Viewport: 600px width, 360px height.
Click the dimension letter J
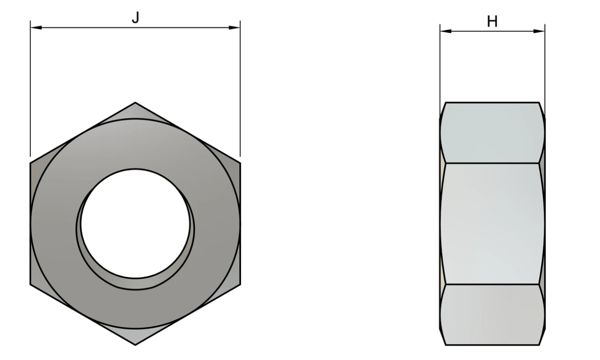coord(135,18)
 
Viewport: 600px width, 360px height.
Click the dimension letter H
coord(492,22)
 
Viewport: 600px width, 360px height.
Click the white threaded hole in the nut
coord(135,223)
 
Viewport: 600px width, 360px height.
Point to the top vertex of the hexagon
coord(135,103)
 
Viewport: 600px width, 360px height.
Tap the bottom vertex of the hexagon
coord(135,344)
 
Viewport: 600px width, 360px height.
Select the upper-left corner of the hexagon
coord(31,163)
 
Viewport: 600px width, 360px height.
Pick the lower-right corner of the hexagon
coord(240,284)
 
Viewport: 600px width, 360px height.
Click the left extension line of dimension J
coord(30,91)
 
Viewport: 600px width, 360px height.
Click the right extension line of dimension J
coord(240,91)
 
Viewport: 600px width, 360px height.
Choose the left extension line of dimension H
coord(440,67)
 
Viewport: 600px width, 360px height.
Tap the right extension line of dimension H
coord(545,67)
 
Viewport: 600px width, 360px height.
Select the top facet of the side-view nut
coord(492,132)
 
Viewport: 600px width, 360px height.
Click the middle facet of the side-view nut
coord(492,223)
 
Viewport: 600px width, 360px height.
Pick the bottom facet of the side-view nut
coord(492,314)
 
